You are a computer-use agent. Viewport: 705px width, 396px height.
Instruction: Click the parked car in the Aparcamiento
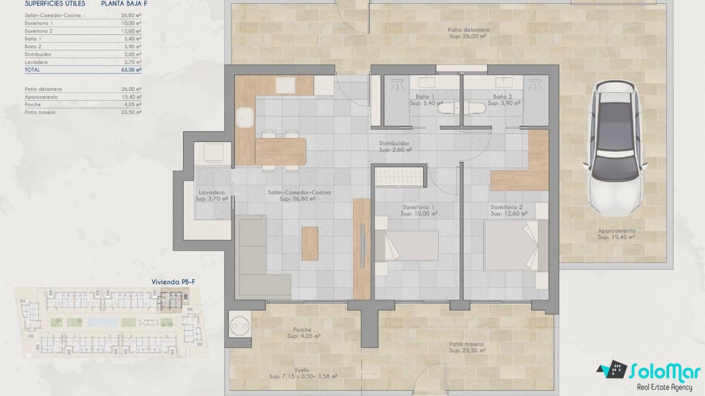tap(615, 148)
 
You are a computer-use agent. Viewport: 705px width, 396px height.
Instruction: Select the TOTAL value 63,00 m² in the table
tap(131, 70)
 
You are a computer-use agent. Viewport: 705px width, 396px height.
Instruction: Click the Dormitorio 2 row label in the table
tap(39, 31)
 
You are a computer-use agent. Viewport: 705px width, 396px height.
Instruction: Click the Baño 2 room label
tap(503, 96)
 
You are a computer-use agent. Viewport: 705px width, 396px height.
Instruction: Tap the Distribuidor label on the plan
tap(394, 144)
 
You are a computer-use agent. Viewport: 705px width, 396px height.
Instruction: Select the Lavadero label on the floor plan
tap(211, 192)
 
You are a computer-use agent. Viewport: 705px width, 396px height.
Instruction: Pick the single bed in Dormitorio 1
tap(406, 246)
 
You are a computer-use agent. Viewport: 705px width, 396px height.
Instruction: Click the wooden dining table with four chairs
tap(280, 152)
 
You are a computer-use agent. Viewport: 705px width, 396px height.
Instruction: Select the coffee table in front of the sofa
tap(309, 244)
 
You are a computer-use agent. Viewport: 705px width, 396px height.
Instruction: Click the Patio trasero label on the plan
tap(466, 344)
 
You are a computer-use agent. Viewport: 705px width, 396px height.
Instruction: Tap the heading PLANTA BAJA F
tap(124, 4)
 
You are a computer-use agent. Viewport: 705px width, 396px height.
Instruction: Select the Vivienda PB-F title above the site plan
tap(173, 282)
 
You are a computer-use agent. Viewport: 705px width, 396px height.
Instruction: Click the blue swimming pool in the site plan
tap(102, 322)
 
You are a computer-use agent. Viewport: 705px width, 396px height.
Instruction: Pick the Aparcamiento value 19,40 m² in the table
tap(131, 97)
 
